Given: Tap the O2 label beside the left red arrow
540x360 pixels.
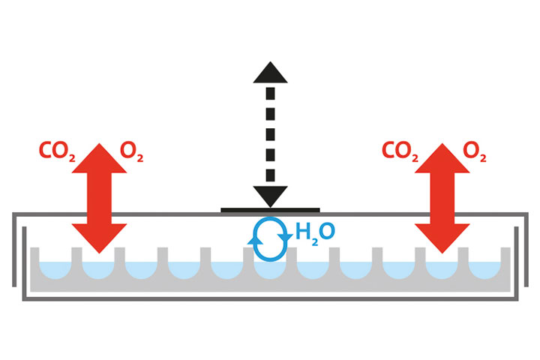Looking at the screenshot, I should click(132, 151).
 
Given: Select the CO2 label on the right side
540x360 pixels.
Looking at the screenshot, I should click(400, 151).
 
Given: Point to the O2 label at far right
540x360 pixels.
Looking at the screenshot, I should click(475, 151).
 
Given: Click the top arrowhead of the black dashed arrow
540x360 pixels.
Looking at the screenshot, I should click(270, 73).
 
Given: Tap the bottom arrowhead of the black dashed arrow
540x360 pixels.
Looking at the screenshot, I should click(270, 196).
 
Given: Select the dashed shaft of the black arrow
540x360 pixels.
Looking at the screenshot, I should click(270, 135).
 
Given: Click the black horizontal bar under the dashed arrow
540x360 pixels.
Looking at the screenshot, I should click(270, 210).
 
